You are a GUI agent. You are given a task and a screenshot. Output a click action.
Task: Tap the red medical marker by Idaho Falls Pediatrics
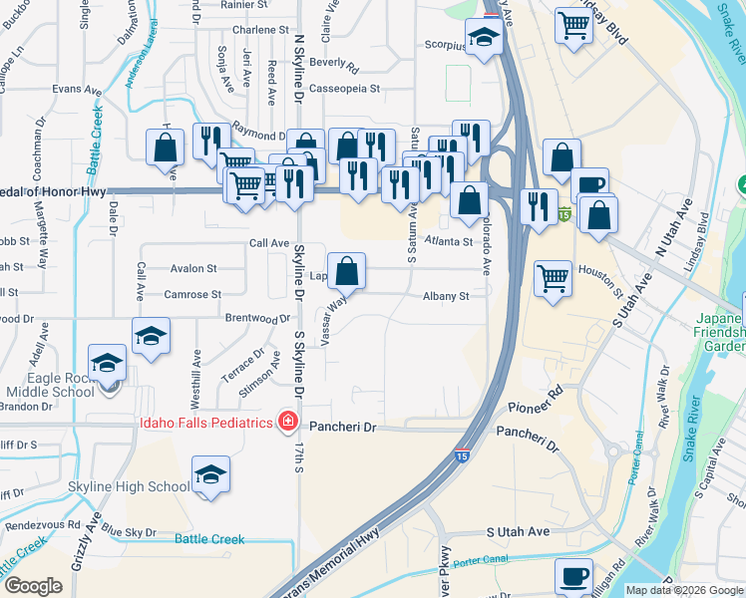288,423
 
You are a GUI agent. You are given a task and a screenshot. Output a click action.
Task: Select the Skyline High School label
129,486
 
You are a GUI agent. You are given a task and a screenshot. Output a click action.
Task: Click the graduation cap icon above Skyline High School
210,475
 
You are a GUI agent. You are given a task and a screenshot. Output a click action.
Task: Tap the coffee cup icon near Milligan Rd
573,575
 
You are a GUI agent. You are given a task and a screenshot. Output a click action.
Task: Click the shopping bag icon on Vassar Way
346,270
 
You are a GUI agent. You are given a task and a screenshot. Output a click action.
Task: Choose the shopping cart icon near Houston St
553,278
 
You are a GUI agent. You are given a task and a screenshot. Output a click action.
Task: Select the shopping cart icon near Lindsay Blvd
573,26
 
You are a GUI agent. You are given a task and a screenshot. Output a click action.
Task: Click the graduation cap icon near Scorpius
484,38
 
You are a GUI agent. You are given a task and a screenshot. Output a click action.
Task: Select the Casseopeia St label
345,89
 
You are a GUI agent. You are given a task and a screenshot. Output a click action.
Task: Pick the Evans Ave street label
78,90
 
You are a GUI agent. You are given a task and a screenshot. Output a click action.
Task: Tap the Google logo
33,585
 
